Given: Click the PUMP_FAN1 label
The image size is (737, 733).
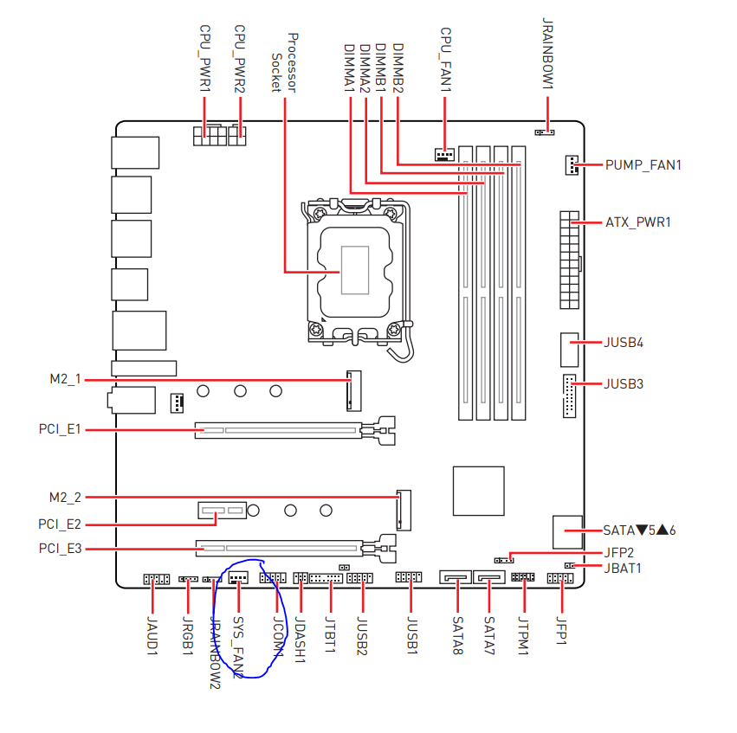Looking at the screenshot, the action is click(x=643, y=165).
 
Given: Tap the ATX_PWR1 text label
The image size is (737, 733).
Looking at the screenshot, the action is click(x=637, y=222).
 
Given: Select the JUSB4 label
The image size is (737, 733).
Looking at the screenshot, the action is click(x=624, y=343).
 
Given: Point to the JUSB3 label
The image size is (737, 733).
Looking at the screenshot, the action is click(x=624, y=384).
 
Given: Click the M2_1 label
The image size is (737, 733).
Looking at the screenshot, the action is click(x=65, y=379).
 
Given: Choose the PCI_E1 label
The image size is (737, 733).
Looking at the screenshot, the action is click(x=60, y=429).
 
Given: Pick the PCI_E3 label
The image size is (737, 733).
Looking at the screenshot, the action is click(x=60, y=549).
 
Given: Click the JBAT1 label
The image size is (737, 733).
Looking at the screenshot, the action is click(x=623, y=569).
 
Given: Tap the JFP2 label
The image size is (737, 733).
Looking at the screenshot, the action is click(x=618, y=552).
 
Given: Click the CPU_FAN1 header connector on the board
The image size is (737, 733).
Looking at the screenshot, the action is click(x=444, y=155).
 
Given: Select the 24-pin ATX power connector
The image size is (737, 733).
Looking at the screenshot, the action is click(x=569, y=260).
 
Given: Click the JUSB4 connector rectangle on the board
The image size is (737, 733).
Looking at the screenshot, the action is click(x=569, y=350).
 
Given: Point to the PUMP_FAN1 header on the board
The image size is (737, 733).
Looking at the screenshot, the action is click(x=572, y=164).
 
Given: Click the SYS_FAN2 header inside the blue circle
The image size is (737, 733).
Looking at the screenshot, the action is click(x=238, y=577).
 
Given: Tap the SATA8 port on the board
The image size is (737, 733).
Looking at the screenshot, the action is click(x=456, y=576).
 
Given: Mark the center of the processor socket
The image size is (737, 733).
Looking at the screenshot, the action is click(x=355, y=271).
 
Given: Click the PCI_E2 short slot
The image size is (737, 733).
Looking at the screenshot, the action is click(x=222, y=511).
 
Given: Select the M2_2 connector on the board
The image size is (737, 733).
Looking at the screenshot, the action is click(x=404, y=511).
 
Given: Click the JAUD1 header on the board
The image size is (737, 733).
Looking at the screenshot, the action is click(x=157, y=580).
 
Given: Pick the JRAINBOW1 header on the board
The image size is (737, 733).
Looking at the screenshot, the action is click(x=545, y=132).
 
